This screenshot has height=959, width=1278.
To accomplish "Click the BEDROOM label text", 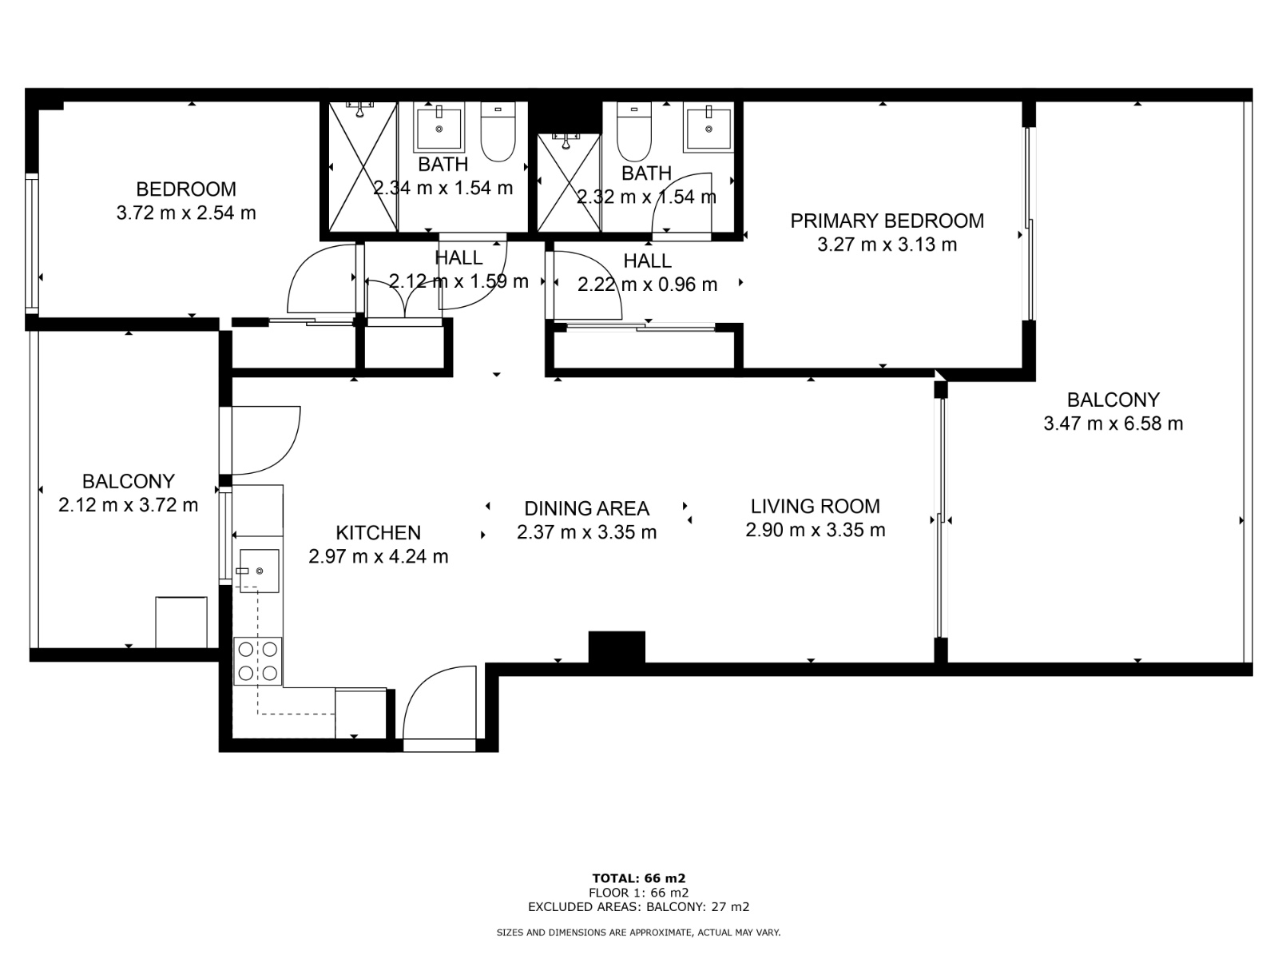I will (x=186, y=189).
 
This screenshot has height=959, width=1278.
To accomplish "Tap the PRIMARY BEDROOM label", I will (x=887, y=221).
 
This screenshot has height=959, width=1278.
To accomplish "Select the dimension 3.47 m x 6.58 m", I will (x=1113, y=424).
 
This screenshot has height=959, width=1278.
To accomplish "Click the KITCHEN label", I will (x=378, y=533).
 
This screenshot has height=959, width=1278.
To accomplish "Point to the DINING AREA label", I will (x=586, y=508).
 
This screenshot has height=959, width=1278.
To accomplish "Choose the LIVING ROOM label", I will (x=815, y=506).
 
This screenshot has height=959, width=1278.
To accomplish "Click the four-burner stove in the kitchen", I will (x=258, y=661).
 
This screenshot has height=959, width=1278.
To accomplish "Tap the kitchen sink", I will (x=259, y=571).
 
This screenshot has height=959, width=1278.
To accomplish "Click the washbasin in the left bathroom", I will (x=439, y=128).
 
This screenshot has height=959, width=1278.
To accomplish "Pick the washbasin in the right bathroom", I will (x=708, y=128).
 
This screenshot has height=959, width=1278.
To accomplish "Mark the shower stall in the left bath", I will (x=363, y=167).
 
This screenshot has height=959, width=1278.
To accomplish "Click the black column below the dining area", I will (x=616, y=647).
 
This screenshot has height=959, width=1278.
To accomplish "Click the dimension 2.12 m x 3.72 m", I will (x=128, y=505).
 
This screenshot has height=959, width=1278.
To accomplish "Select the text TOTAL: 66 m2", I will (x=638, y=878).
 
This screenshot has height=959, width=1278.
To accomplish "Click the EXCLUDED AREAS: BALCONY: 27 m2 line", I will (x=638, y=907).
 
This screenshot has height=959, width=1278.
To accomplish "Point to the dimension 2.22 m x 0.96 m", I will (x=647, y=285).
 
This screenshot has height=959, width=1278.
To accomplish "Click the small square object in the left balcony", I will (x=181, y=622).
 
